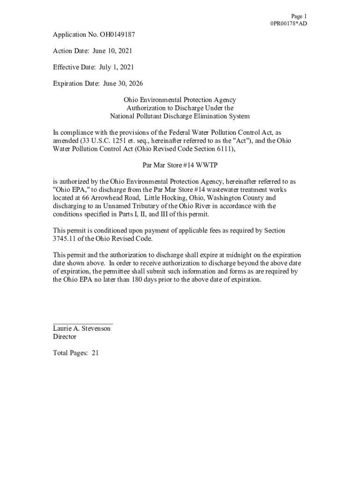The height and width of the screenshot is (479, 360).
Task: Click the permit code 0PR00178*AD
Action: [288, 23]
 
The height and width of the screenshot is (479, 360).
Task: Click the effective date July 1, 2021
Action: [116, 67]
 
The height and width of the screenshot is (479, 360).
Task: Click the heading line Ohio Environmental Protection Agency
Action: [180, 100]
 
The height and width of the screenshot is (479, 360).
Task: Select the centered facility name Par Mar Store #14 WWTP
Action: [180, 165]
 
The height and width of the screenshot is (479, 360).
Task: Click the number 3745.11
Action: [64, 239]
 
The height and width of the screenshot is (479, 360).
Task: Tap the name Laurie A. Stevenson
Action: [82, 329]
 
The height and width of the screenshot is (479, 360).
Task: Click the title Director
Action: [65, 337]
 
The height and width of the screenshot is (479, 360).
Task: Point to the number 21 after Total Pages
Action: [95, 353]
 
